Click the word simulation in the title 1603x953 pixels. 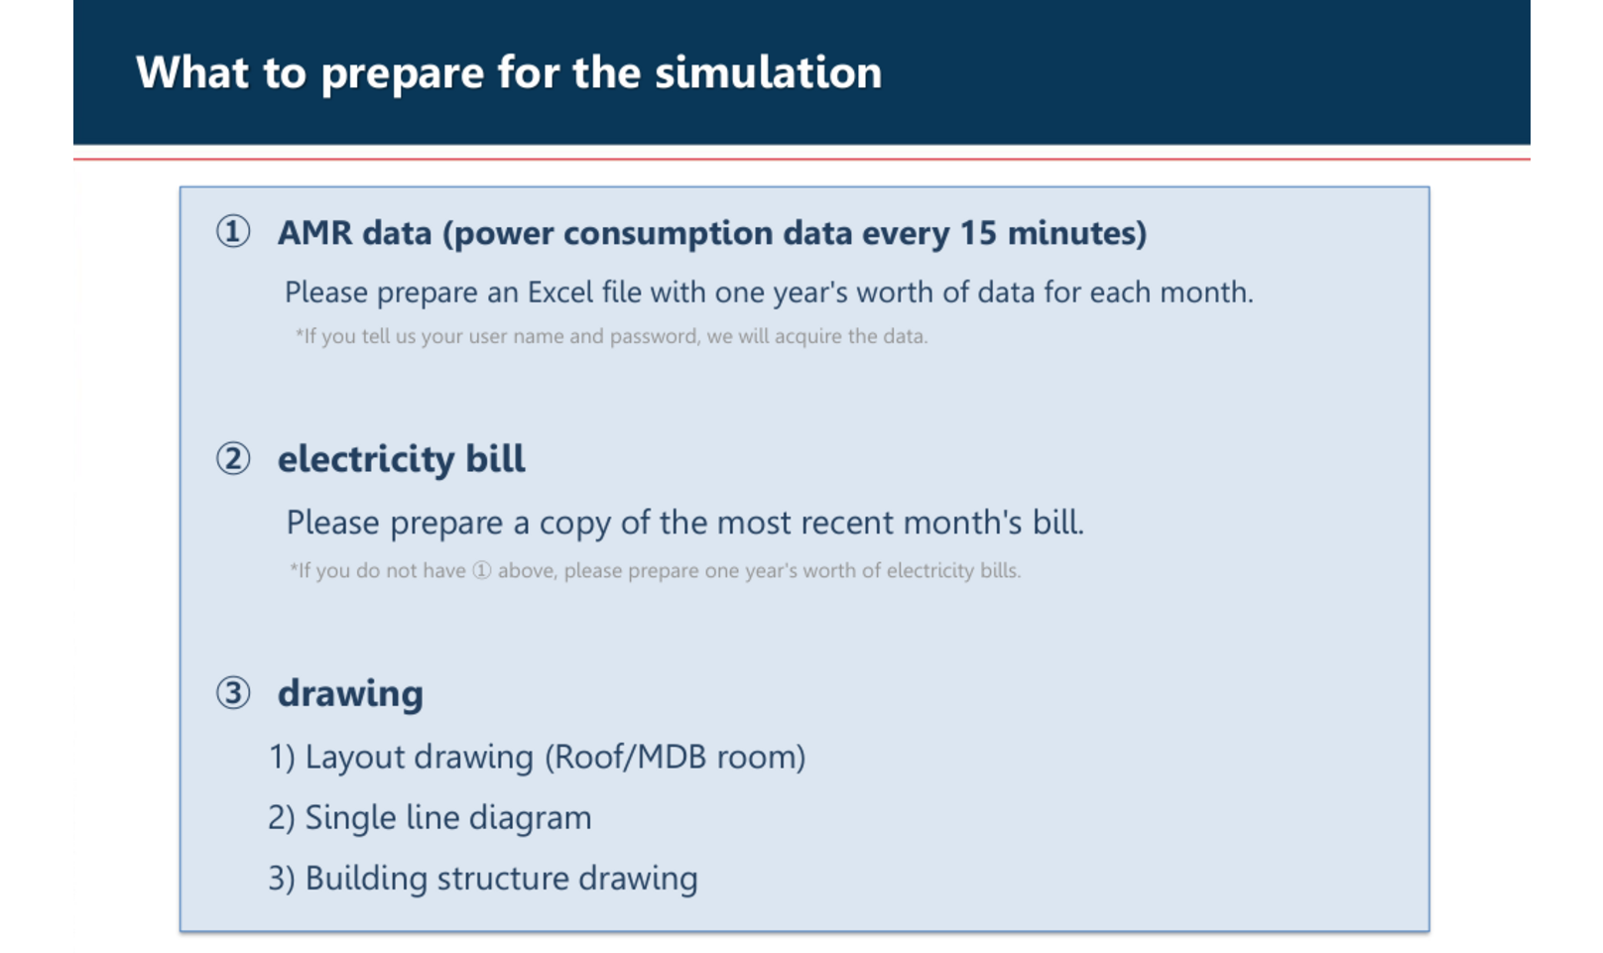[769, 72]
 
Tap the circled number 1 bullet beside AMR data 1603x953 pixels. [233, 232]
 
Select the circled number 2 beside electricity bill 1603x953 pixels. [233, 458]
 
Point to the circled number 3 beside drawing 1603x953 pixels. [233, 692]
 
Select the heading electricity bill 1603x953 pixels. [402, 458]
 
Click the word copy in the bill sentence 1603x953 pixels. [575, 524]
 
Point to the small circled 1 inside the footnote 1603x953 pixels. [482, 570]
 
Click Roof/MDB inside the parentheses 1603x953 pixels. [628, 757]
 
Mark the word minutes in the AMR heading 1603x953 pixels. [1072, 233]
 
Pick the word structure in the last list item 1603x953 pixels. [502, 879]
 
